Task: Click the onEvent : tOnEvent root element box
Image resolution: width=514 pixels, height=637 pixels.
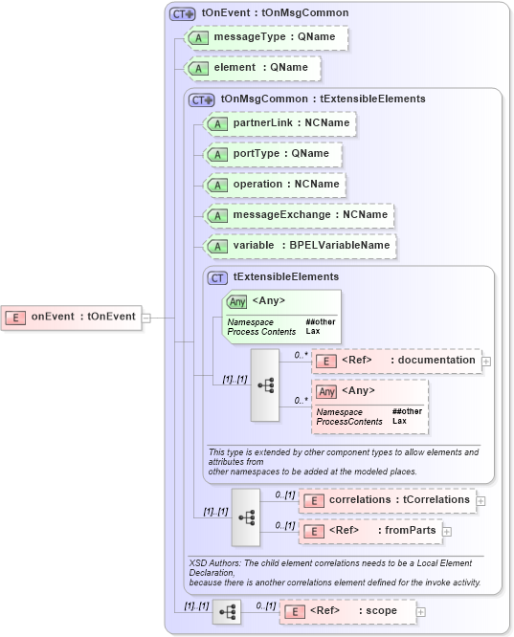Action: [72, 317]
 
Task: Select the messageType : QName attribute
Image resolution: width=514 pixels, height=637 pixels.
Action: [266, 37]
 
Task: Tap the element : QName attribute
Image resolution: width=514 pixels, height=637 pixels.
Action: [254, 68]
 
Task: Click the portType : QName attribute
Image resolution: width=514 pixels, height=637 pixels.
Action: [274, 153]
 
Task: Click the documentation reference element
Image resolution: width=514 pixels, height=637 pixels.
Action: [396, 361]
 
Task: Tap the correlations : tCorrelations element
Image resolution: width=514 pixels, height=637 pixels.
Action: [387, 499]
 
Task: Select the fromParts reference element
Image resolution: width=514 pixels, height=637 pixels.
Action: [369, 531]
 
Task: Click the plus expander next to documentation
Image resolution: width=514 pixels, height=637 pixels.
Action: [486, 362]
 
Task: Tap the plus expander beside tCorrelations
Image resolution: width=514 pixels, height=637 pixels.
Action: [480, 500]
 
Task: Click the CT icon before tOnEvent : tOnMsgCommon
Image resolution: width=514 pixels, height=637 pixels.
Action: [182, 13]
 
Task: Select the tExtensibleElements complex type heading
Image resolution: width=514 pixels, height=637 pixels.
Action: [272, 277]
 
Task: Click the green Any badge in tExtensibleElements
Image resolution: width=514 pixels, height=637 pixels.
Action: [235, 301]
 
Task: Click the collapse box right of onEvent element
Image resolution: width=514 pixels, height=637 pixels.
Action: [146, 317]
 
